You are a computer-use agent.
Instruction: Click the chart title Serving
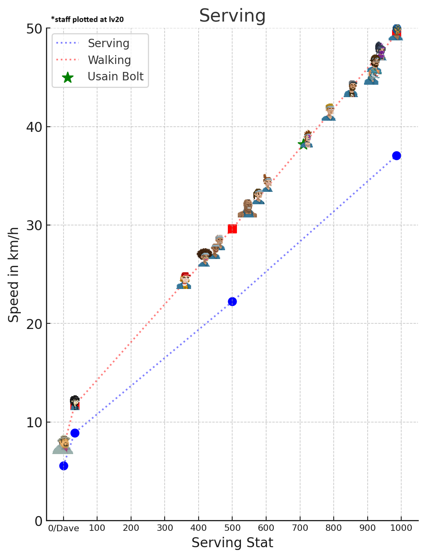(x=232, y=16)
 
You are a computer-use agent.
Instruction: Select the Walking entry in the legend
(x=109, y=60)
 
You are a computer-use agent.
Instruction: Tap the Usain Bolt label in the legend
(x=115, y=76)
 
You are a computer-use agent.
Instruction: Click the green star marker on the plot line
(x=303, y=144)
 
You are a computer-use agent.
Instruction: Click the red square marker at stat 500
(x=232, y=229)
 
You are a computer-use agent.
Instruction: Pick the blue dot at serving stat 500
(x=232, y=301)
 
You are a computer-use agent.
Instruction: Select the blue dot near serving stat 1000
(x=396, y=155)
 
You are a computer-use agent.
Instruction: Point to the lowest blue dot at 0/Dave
(x=64, y=466)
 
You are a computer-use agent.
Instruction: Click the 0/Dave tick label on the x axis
(x=64, y=528)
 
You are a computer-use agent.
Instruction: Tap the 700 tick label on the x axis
(x=300, y=528)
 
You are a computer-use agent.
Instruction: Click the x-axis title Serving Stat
(x=232, y=543)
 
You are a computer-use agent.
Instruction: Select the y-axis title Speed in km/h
(x=14, y=275)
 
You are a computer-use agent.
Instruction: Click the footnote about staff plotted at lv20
(x=88, y=20)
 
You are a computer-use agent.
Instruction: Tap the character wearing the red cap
(x=184, y=281)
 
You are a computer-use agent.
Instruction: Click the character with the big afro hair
(x=204, y=257)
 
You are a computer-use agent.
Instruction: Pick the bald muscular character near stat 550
(x=247, y=209)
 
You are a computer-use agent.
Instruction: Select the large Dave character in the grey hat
(x=63, y=444)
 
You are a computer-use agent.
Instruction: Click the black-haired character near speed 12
(x=75, y=403)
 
